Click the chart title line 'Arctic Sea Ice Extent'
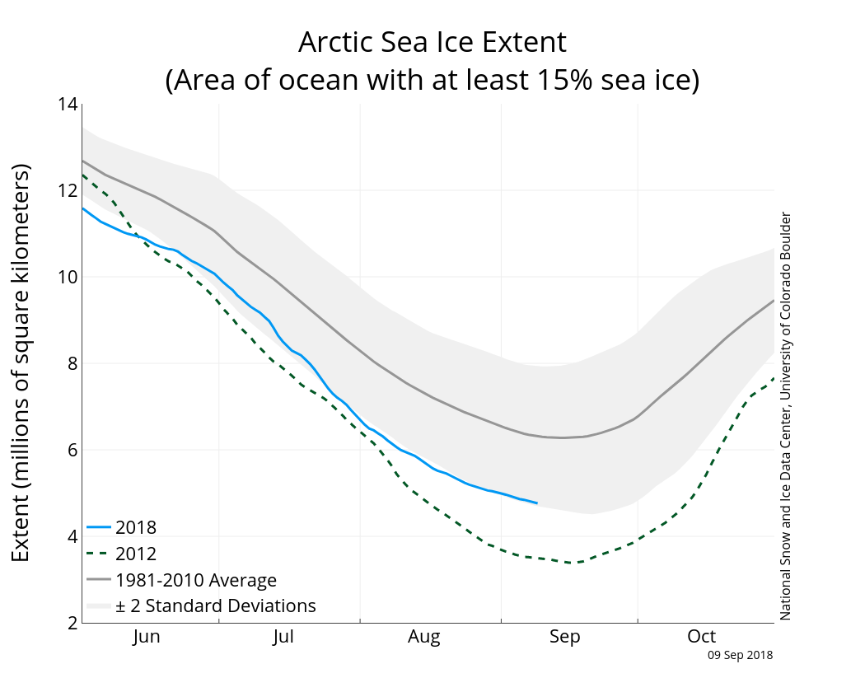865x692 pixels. tap(432, 42)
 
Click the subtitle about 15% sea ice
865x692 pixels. tap(432, 80)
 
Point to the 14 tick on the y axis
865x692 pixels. tap(68, 105)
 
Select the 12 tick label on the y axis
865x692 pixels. tap(68, 190)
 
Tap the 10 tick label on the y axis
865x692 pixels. tap(68, 277)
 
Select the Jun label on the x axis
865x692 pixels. tap(147, 637)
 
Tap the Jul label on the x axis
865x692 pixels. tap(283, 637)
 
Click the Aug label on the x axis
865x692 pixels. tap(424, 637)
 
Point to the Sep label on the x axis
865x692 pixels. tap(565, 637)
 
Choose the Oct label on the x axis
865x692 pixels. tap(702, 637)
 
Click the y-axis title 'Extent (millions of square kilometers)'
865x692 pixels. tap(22, 363)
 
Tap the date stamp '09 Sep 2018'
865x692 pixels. tap(741, 656)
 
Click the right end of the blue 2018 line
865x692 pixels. tap(537, 503)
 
